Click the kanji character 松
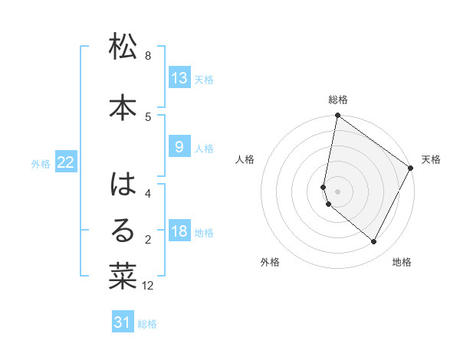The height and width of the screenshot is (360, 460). [x=123, y=48]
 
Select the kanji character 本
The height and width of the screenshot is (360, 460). [x=123, y=109]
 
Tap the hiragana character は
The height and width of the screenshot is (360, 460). [x=123, y=185]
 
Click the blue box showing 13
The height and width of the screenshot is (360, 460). [x=179, y=78]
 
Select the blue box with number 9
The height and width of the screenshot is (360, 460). [x=179, y=147]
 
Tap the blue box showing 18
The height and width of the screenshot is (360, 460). [x=179, y=232]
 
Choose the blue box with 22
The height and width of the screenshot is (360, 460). [x=66, y=162]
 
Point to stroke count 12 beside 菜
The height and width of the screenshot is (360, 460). [x=149, y=286]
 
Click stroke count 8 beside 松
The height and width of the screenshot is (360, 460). [x=148, y=56]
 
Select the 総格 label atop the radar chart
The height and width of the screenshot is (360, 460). [x=338, y=100]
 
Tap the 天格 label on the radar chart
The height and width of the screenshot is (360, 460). [x=431, y=159]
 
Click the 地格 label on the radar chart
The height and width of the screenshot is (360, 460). [x=402, y=262]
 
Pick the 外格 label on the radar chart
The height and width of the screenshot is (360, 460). [x=270, y=262]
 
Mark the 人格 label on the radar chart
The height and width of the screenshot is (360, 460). [x=245, y=159]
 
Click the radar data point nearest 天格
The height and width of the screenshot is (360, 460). [x=411, y=168]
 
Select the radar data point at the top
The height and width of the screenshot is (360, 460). [x=337, y=116]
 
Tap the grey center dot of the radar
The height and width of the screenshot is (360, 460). [x=338, y=191]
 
